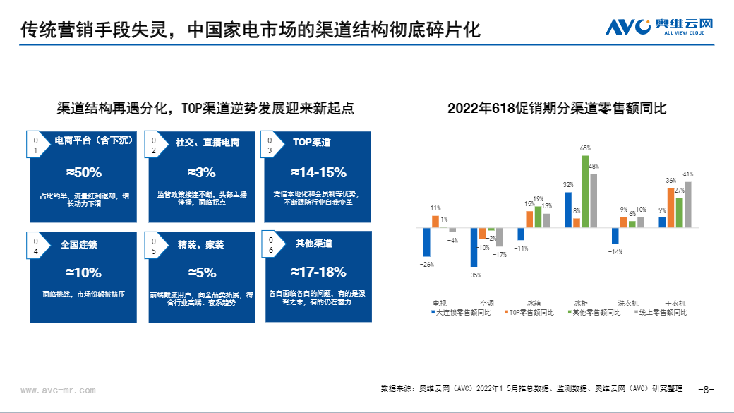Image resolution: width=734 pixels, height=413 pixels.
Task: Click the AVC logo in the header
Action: coord(660,27)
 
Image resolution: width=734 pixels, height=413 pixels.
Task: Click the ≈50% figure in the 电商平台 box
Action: coord(83,172)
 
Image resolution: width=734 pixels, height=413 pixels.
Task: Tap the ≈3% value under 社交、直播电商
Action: coord(201,172)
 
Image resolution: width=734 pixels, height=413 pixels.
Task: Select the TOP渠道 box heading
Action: coord(311,142)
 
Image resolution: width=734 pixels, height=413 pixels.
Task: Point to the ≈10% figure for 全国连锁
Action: coord(83,273)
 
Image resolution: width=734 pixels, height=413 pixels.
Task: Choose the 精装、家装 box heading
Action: coord(200,245)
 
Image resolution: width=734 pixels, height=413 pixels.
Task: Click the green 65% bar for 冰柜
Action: coord(584,191)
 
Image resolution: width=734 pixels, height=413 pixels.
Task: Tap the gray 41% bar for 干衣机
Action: coord(687,205)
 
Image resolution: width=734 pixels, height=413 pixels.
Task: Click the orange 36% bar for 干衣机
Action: coord(671,207)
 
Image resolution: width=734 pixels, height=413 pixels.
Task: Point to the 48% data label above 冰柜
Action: coord(594,167)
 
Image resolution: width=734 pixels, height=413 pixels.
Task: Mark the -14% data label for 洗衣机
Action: coord(615,251)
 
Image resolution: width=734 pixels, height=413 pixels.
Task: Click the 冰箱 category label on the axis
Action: coord(534,301)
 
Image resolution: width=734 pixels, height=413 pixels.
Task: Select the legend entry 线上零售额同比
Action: coord(663,311)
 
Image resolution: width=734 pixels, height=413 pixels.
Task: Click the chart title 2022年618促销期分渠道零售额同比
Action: coord(557,109)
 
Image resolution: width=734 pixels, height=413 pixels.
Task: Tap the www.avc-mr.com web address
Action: coord(58,390)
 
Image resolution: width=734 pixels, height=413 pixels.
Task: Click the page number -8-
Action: coord(706,389)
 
